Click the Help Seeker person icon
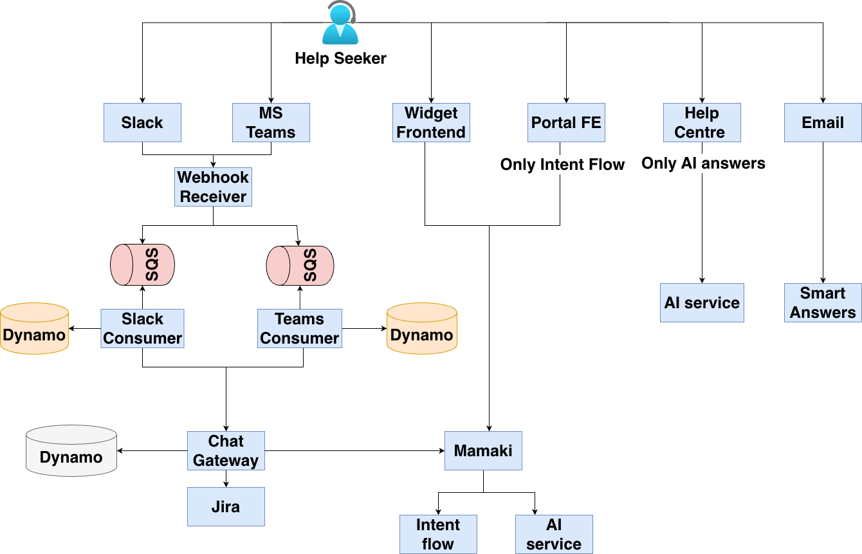click(x=340, y=24)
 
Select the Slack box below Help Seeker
click(x=142, y=123)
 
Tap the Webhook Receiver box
click(x=213, y=187)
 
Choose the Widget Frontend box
click(x=431, y=123)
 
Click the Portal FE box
click(x=566, y=123)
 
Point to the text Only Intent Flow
click(x=562, y=165)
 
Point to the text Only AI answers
click(x=703, y=163)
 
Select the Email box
click(x=823, y=123)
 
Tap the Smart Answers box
click(x=823, y=302)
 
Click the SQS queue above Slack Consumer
click(x=142, y=264)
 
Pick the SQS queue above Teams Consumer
click(x=300, y=264)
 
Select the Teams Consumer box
click(x=300, y=328)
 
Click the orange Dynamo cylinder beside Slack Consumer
click(x=34, y=328)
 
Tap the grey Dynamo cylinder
click(x=71, y=451)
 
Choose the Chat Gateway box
click(x=226, y=450)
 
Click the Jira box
click(x=226, y=506)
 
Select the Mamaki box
click(x=483, y=450)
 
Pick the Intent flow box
click(x=438, y=534)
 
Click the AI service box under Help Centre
click(x=702, y=302)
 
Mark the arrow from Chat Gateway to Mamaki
click(x=354, y=450)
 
